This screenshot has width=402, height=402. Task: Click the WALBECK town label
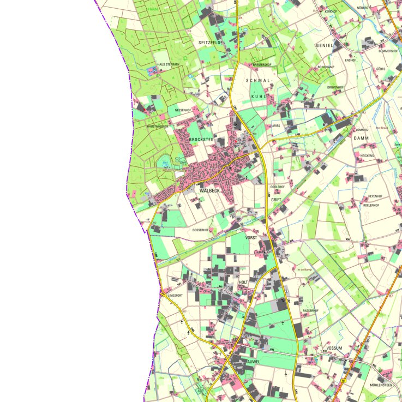[209, 191]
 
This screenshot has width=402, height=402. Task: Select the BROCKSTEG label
[200, 140]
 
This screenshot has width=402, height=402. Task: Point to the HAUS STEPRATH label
[168, 64]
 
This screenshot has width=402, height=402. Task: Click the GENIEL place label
[325, 45]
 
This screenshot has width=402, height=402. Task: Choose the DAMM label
[361, 139]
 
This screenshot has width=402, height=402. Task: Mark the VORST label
[251, 238]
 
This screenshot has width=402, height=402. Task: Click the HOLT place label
[243, 282]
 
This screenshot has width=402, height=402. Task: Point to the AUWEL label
[255, 362]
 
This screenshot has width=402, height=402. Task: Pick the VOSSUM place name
[333, 348]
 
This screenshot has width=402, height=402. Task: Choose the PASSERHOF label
[310, 310]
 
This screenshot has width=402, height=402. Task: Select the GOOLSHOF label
[277, 187]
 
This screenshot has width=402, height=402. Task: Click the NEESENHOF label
[183, 110]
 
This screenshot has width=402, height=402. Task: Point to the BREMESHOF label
[262, 65]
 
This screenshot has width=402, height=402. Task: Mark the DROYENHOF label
[335, 87]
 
